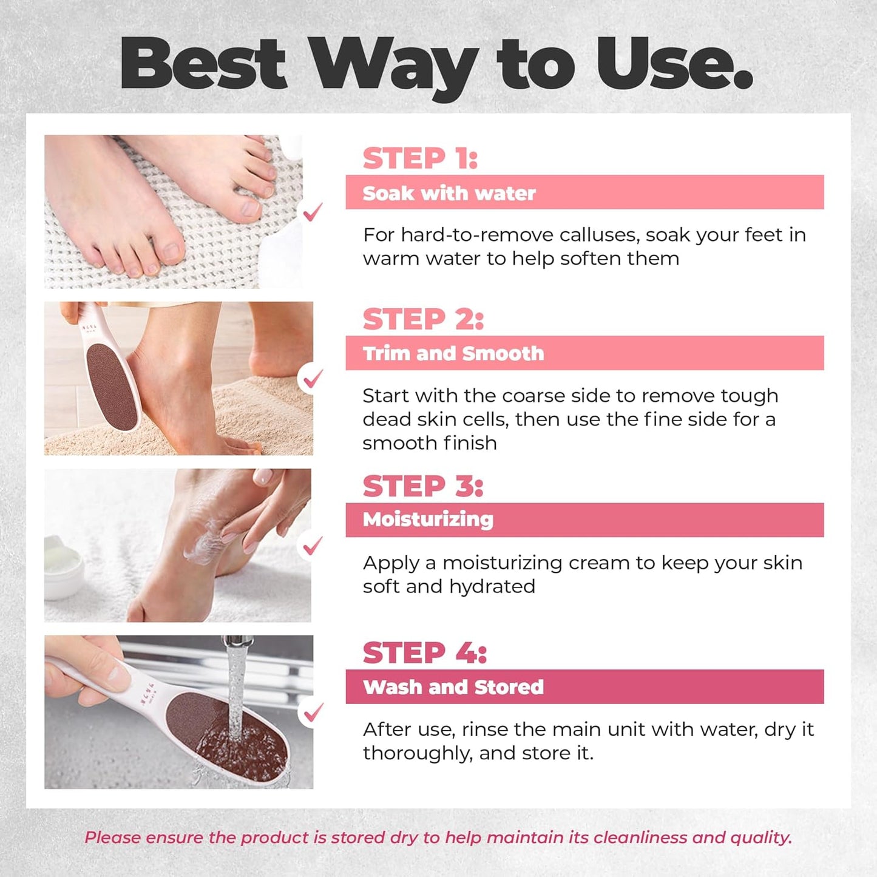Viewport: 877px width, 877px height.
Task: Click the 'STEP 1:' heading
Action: pos(420,158)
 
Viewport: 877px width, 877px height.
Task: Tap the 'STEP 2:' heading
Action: pos(423,319)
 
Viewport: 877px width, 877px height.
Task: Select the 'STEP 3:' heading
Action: pos(423,486)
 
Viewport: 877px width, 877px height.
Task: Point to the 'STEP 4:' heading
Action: pos(425,653)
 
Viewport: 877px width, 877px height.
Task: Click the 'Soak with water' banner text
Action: pos(449,193)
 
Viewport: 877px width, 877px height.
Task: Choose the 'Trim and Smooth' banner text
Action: pos(453,353)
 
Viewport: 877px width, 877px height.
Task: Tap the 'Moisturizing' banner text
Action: pos(428,520)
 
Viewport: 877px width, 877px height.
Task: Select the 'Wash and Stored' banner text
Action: pos(453,687)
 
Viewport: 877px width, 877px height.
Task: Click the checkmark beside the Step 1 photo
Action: pos(313,212)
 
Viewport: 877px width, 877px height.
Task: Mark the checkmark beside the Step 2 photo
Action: pos(313,379)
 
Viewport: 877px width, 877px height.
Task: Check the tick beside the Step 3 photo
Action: pos(313,546)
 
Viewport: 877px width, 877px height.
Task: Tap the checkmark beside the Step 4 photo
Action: pos(313,713)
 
